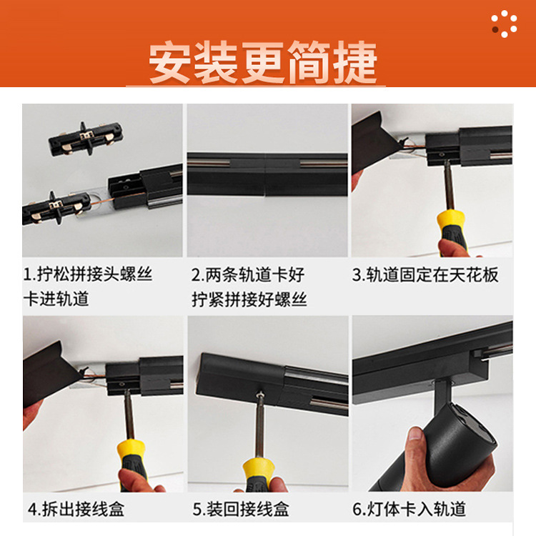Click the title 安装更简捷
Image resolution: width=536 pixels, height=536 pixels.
pyautogui.click(x=263, y=62)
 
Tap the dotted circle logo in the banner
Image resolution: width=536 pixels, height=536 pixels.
pyautogui.click(x=505, y=24)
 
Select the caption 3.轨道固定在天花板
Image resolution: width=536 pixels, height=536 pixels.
pyautogui.click(x=425, y=275)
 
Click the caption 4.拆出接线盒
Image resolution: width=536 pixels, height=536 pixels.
pyautogui.click(x=76, y=509)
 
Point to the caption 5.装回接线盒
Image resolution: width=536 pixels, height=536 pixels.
pyautogui.click(x=241, y=509)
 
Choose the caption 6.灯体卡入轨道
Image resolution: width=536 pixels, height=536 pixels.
pyautogui.click(x=410, y=509)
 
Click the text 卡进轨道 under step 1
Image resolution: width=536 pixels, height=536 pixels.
pyautogui.click(x=56, y=299)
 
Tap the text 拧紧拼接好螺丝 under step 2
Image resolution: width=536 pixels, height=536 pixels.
pyautogui.click(x=249, y=299)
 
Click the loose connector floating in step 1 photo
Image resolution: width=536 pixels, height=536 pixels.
pyautogui.click(x=86, y=139)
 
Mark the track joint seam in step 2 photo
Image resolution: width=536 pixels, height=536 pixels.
pyautogui.click(x=266, y=174)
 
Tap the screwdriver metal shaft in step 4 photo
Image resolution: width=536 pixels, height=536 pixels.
pyautogui.click(x=129, y=415)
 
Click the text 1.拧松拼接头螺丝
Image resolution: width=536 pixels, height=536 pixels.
pyautogui.click(x=87, y=274)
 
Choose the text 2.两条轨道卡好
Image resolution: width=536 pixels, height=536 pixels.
pyautogui.click(x=248, y=275)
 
